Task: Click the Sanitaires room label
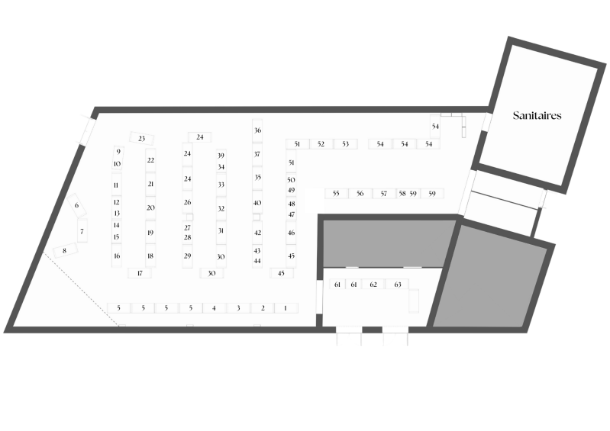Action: click(537, 116)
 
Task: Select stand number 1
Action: click(285, 308)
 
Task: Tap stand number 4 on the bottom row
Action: click(215, 308)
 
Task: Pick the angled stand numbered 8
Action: click(65, 250)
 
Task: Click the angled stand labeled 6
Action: click(76, 205)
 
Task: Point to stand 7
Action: click(82, 230)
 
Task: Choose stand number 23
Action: click(142, 138)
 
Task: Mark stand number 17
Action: click(140, 272)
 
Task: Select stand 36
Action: click(257, 130)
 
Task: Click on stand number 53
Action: click(346, 143)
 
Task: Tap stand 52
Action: click(321, 143)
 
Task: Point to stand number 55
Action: click(336, 194)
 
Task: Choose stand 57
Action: click(384, 194)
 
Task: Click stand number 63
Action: click(398, 285)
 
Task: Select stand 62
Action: click(373, 285)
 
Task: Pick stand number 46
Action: click(291, 233)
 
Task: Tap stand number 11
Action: click(117, 185)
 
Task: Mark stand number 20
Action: click(150, 207)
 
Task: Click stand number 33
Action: click(221, 185)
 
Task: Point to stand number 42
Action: click(257, 233)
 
